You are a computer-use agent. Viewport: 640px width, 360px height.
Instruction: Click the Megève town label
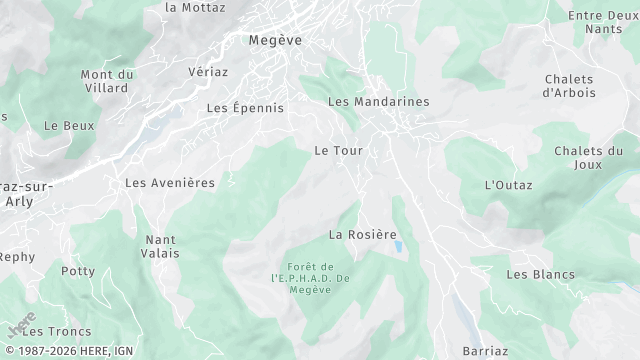tap(275, 40)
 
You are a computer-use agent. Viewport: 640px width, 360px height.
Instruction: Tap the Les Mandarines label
tap(378, 102)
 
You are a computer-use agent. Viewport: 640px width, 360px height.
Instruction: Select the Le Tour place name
tap(338, 150)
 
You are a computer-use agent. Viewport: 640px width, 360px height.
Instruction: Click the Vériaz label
tap(208, 72)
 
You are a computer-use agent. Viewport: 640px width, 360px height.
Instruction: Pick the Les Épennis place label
tap(245, 107)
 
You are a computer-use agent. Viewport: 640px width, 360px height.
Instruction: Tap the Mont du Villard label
tap(107, 81)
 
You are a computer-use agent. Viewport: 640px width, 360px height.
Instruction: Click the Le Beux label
tap(69, 126)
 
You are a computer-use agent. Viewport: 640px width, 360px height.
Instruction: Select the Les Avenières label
tap(170, 183)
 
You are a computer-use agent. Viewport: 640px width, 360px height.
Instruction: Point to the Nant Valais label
tap(161, 246)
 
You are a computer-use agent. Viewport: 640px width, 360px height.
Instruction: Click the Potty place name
tap(78, 271)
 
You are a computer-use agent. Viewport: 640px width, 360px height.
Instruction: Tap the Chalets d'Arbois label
tap(569, 86)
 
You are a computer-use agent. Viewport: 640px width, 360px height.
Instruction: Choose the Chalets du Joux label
tap(588, 158)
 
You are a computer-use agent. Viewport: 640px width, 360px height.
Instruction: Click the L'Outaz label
tap(508, 185)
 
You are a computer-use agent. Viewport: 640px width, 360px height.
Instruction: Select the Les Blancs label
tap(540, 274)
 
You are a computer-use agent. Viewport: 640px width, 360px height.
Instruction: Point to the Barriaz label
tap(486, 351)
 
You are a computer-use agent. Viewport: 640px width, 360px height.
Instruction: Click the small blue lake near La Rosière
tap(398, 246)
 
